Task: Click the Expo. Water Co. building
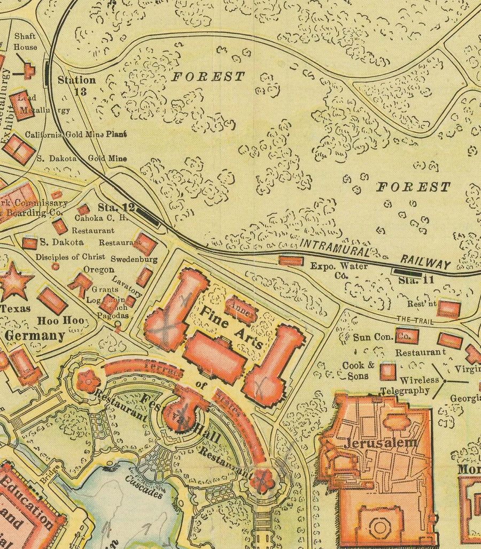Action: point(291,261)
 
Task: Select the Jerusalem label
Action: point(381,443)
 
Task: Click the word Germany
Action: point(35,336)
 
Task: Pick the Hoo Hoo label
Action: point(54,321)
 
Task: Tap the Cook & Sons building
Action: point(387,371)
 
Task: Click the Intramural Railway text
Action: point(374,255)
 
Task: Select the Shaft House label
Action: point(25,42)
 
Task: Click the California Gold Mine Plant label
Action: point(76,134)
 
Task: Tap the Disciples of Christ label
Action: point(70,257)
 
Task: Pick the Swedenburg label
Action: point(134,259)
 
